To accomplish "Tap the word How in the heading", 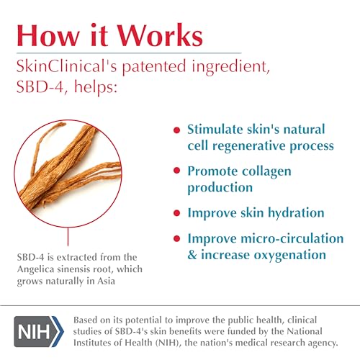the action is [48, 35].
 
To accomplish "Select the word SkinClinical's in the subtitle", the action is [66, 66].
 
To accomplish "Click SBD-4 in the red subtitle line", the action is [40, 86].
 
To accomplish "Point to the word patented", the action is [154, 66].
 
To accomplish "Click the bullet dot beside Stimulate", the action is [177, 130].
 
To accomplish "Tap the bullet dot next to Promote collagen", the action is [177, 171].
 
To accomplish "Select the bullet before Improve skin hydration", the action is [177, 213].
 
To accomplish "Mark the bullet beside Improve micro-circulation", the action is [177, 238].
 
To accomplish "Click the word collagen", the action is [266, 172].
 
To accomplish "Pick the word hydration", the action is [296, 212].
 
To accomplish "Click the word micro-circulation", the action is [292, 238].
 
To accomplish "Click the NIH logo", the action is [39, 331].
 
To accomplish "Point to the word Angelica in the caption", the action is [35, 269].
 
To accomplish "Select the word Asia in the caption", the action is [106, 281].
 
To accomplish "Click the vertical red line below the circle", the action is [68, 237].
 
